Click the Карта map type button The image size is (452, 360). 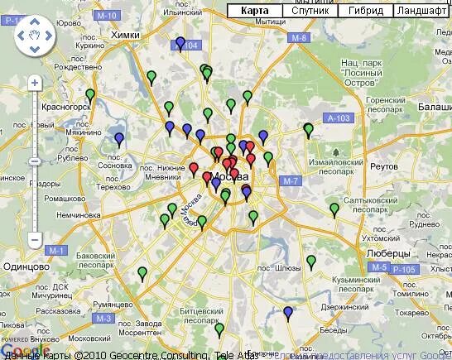(254, 11)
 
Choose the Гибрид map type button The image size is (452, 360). (365, 11)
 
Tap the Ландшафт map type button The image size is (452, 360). (420, 11)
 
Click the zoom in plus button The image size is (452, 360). (35, 84)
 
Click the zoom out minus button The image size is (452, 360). (35, 239)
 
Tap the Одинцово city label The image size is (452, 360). (26, 266)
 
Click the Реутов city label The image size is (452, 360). (384, 168)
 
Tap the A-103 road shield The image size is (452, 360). (334, 119)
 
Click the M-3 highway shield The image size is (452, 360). (103, 318)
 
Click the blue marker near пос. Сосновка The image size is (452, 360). (119, 138)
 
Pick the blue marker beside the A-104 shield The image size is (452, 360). (180, 43)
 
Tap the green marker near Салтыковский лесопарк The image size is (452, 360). (334, 209)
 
